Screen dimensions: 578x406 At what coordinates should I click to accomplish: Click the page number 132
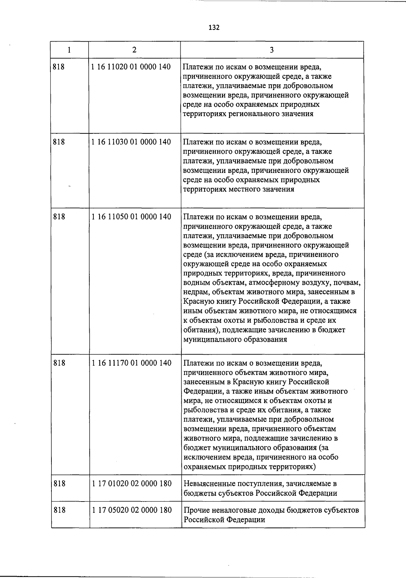coord(214,27)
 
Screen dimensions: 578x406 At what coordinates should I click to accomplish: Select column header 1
coord(69,50)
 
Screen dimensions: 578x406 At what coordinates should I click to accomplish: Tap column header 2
coord(134,50)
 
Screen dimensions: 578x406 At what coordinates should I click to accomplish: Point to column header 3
coord(272,50)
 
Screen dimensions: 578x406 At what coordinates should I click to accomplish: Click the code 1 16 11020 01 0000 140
coord(131,67)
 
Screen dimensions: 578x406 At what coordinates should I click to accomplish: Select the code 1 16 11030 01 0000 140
coord(131,142)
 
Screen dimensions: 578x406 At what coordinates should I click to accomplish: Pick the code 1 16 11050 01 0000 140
coord(131,217)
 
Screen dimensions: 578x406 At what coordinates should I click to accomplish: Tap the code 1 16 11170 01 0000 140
coord(132,363)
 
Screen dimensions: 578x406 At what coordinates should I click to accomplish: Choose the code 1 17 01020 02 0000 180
coord(132,484)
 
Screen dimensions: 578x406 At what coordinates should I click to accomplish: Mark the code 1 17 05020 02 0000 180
coord(132,510)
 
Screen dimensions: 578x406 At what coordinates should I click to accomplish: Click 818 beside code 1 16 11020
coord(59,67)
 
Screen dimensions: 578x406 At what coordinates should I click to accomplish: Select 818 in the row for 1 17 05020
coord(60,510)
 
